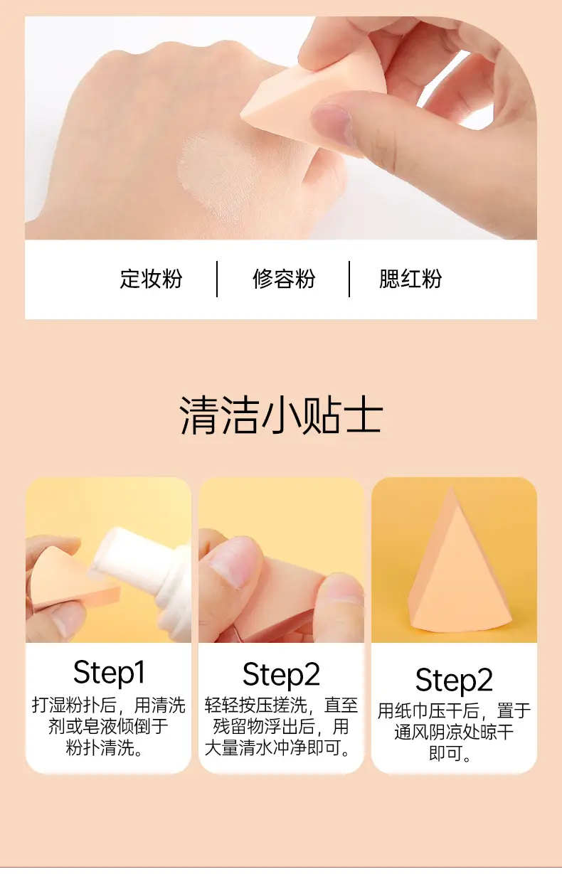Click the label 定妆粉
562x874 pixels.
click(151, 279)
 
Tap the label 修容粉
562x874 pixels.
click(284, 279)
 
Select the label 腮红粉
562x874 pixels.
click(410, 279)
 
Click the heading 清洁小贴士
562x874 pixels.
click(280, 415)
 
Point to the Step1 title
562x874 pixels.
click(109, 673)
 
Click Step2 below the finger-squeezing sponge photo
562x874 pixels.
click(281, 675)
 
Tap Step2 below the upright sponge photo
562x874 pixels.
click(454, 681)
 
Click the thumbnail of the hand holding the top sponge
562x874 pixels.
click(331, 122)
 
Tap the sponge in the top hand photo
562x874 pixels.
click(308, 102)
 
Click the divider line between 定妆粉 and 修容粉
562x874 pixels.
click(217, 279)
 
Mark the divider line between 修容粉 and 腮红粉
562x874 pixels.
click(349, 279)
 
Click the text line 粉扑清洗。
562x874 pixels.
click(104, 747)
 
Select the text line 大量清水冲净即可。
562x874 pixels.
click(277, 747)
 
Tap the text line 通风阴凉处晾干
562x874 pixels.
click(454, 732)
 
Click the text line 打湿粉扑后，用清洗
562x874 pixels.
click(109, 705)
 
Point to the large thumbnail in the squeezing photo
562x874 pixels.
click(231, 562)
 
